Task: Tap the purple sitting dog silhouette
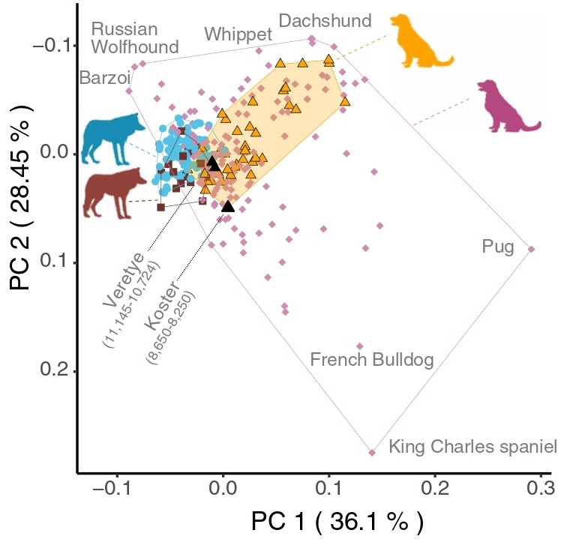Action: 508,106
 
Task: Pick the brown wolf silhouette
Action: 115,192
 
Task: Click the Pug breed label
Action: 497,246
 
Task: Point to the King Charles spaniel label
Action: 472,448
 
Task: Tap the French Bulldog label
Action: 372,361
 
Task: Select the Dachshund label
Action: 325,20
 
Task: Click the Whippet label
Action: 238,34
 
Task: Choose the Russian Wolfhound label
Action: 134,38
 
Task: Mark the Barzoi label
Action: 105,77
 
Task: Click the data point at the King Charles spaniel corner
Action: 372,452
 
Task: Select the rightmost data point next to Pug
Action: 531,249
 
